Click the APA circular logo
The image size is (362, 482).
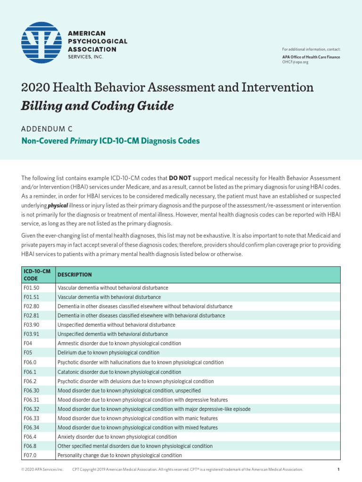(41, 43)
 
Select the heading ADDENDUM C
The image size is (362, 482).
(47, 128)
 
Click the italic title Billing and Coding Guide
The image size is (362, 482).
(97, 106)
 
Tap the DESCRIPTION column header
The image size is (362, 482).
(74, 274)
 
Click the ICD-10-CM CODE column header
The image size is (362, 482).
(37, 274)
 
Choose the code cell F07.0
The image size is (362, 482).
(30, 455)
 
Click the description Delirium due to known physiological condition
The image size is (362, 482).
(108, 353)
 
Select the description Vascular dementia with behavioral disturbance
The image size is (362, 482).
(109, 297)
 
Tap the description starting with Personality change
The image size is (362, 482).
(119, 455)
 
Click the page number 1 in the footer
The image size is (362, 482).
(338, 469)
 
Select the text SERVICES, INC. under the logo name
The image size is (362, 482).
(85, 57)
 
